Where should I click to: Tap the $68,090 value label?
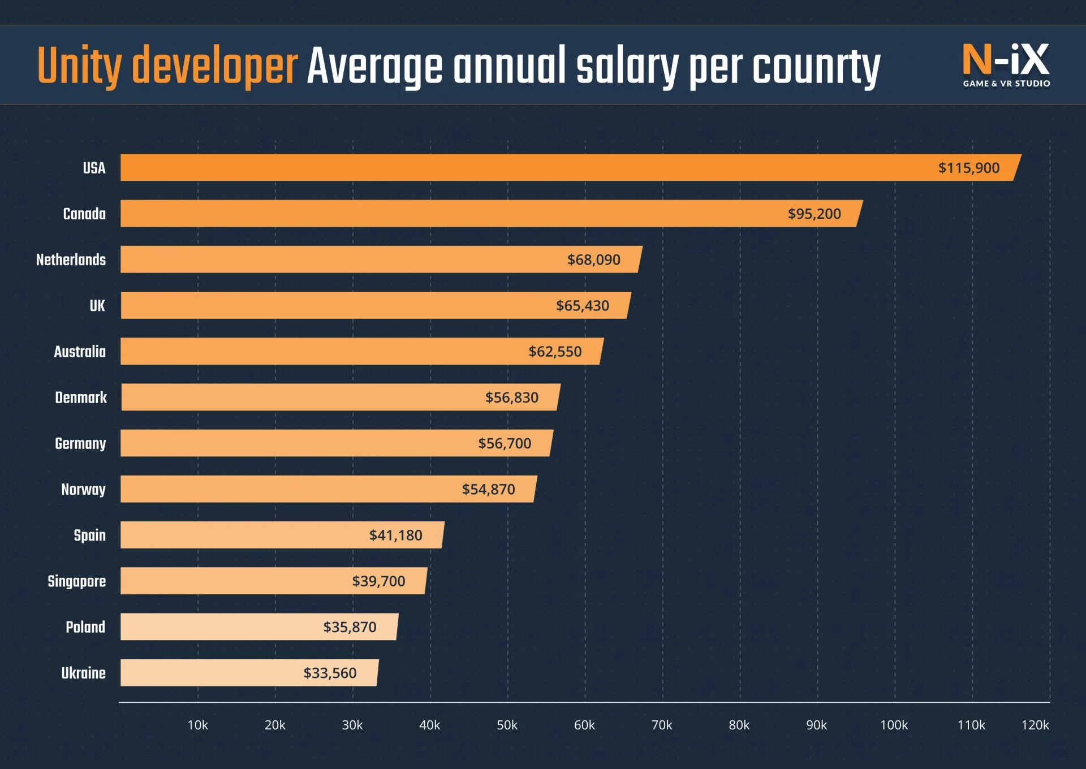coord(593,260)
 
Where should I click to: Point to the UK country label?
coord(97,306)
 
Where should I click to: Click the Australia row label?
coord(80,352)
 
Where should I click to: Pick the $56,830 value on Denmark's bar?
coord(511,398)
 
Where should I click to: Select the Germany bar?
coord(336,443)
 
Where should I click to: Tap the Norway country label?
coord(83,490)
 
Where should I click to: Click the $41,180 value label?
coord(395,535)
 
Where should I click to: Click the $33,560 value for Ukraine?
coord(330,673)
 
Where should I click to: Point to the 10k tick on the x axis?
coord(197,725)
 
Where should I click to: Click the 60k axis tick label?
coord(584,725)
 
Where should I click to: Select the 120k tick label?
coord(1035,725)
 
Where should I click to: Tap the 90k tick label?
coord(816,725)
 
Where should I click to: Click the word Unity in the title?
coord(79,67)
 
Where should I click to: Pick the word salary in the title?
coord(627,67)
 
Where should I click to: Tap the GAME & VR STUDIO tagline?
coord(1006,84)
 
